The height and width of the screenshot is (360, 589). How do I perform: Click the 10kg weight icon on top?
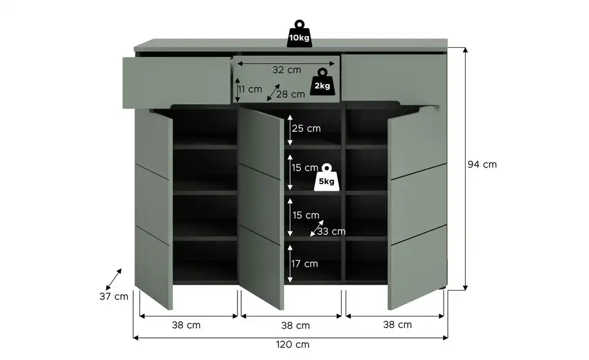[299, 34]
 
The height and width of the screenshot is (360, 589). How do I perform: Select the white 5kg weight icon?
[326, 177]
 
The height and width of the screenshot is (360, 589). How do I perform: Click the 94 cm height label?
[482, 164]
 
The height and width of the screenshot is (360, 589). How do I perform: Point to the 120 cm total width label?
[293, 344]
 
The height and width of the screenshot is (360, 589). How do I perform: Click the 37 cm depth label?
[114, 296]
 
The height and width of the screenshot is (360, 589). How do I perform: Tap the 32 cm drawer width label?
[287, 70]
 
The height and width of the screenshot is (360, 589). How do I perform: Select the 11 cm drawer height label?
[250, 90]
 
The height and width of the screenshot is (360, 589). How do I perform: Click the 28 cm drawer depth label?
[290, 94]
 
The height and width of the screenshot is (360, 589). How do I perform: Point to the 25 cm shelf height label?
[306, 128]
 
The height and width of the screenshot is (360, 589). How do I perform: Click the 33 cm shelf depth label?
[331, 231]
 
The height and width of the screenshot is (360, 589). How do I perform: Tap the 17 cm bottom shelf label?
[305, 264]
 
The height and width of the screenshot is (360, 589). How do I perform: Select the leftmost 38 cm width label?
[187, 325]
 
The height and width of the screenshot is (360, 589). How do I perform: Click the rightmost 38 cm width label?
[398, 324]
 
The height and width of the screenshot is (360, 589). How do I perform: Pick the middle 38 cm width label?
[296, 326]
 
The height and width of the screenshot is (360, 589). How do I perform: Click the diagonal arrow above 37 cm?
[114, 279]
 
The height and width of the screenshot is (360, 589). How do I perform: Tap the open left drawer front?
[177, 83]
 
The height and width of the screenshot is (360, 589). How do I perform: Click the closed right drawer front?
[393, 78]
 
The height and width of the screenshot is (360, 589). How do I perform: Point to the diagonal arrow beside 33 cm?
[317, 228]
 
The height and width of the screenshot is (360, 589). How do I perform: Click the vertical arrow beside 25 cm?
[290, 130]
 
